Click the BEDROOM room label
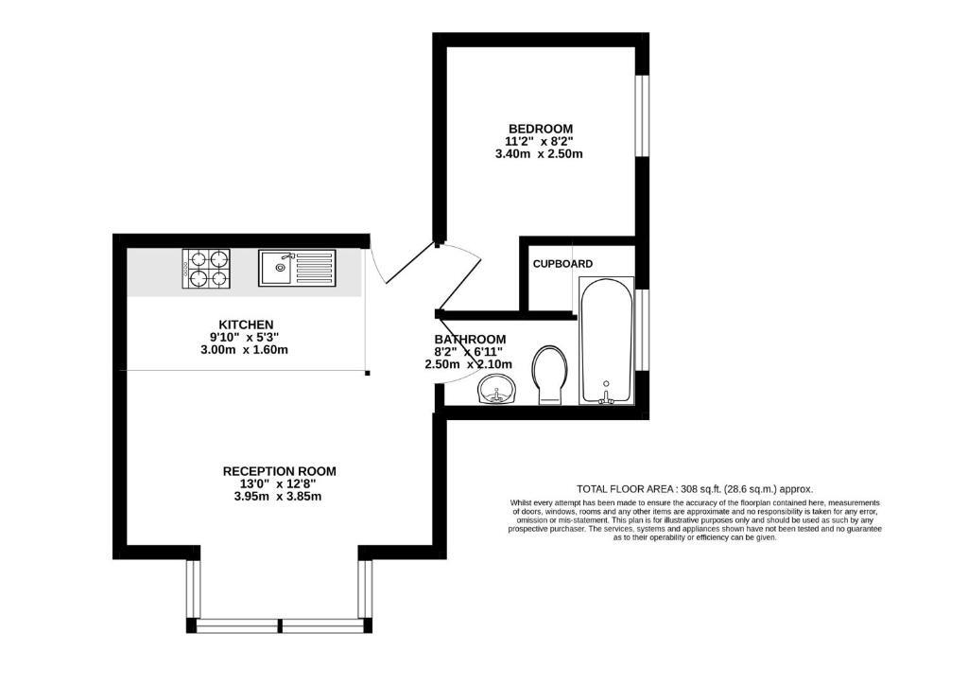pos(540,129)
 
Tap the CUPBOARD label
pos(562,264)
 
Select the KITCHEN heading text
pos(246,325)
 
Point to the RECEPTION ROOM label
pos(279,471)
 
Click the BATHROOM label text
pos(470,339)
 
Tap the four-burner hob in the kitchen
pos(206,269)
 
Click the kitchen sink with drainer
pos(297,268)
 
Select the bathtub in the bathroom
pos(606,341)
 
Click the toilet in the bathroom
pos(549,375)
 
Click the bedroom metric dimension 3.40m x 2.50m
pos(539,154)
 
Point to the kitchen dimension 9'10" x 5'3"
pos(245,337)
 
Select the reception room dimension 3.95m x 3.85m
pos(278,497)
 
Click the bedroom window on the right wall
pos(643,115)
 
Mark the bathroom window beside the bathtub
pos(643,330)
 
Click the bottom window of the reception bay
pos(280,625)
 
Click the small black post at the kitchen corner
pos(368,374)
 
